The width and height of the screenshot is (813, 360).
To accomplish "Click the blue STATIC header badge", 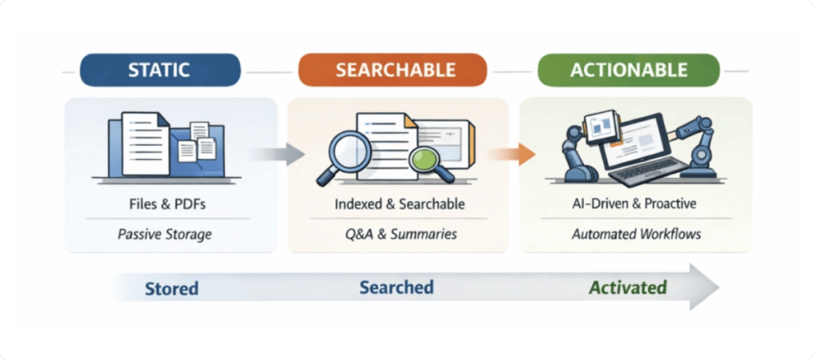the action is [x=161, y=70].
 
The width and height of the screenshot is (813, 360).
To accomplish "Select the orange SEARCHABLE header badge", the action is [x=393, y=70].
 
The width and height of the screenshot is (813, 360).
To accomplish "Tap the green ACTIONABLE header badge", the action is [x=629, y=70].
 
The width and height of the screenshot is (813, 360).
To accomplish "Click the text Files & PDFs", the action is [x=168, y=204].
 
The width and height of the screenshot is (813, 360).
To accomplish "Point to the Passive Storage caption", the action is [x=165, y=234].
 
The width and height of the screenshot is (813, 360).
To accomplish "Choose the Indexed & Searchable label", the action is [x=399, y=204].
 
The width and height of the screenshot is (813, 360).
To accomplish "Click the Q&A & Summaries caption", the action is [x=401, y=234].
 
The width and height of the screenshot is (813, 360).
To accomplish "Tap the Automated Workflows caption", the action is [x=637, y=234].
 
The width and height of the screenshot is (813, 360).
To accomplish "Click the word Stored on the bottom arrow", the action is [x=172, y=288].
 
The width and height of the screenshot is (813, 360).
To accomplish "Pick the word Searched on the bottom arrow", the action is [x=397, y=288].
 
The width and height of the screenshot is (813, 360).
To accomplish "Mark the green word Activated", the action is [x=627, y=287].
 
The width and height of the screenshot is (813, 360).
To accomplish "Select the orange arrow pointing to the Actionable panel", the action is [x=512, y=154].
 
